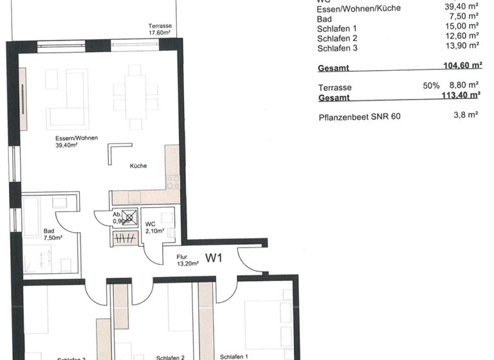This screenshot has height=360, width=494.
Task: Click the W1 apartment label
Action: (x=214, y=258)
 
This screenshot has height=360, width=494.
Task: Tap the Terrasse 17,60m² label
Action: (x=159, y=30)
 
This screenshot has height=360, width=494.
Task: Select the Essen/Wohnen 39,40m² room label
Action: (x=66, y=142)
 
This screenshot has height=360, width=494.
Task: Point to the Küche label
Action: (x=138, y=166)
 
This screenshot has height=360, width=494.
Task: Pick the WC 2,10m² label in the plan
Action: (x=154, y=227)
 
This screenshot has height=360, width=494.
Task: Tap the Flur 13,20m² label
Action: (x=187, y=259)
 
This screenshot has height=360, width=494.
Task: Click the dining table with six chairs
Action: (x=135, y=98)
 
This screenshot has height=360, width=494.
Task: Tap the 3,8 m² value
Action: (x=466, y=116)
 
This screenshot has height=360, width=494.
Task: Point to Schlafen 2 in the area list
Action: (x=337, y=37)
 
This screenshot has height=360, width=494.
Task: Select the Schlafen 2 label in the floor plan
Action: (x=170, y=357)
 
